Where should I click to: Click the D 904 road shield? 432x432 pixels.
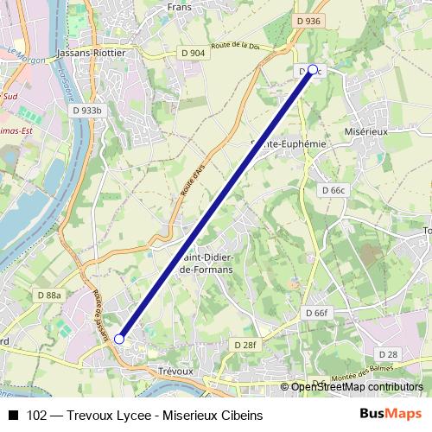pos(194,53)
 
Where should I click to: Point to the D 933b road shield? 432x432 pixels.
pos(87,111)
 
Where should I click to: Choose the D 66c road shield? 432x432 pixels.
pos(333,189)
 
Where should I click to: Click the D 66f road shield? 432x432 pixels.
pos(317,313)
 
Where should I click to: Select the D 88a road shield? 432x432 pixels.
pos(49,295)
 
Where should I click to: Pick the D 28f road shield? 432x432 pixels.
pos(245,344)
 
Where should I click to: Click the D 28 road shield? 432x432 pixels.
pos(388,354)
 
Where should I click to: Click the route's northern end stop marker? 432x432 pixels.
pos(312,70)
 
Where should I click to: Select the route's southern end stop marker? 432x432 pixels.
pos(119,340)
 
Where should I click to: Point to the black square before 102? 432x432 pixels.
pos(13,416)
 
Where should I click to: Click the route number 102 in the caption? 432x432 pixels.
pos(37,416)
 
